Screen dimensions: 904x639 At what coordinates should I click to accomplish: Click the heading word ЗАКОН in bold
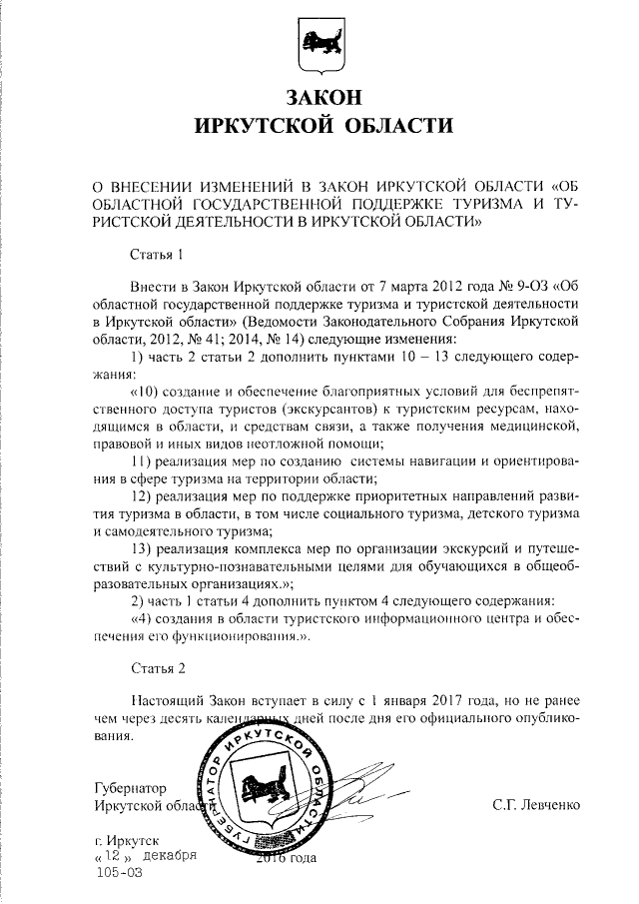click(319, 98)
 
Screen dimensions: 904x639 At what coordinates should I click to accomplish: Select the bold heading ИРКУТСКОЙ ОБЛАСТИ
click(319, 127)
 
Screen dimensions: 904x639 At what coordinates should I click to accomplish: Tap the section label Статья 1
click(158, 255)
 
